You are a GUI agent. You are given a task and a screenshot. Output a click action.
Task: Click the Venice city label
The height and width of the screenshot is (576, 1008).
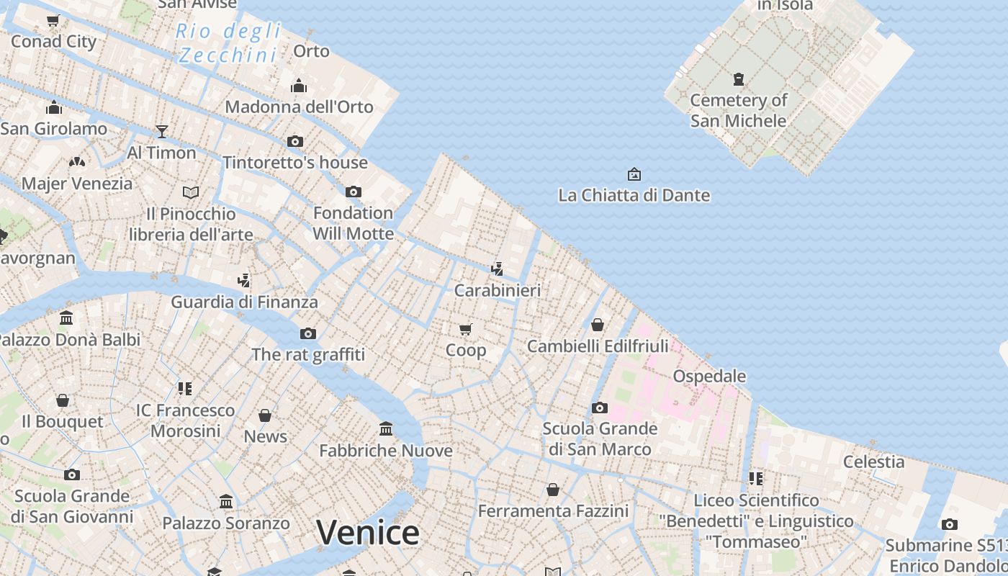pyautogui.click(x=367, y=533)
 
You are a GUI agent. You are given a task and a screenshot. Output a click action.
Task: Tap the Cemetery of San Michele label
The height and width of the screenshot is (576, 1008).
pyautogui.click(x=738, y=110)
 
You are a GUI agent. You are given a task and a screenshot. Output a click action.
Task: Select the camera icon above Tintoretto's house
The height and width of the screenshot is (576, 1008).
pyautogui.click(x=294, y=141)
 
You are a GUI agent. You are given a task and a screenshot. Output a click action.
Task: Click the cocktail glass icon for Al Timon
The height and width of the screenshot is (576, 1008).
pyautogui.click(x=162, y=131)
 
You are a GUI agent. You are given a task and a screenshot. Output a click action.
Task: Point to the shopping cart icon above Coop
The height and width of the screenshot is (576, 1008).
pyautogui.click(x=466, y=329)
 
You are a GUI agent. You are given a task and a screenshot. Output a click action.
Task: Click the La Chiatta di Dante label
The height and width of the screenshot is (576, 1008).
pyautogui.click(x=634, y=195)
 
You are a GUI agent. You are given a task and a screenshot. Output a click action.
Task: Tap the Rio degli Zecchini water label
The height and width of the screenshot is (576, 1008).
pyautogui.click(x=228, y=43)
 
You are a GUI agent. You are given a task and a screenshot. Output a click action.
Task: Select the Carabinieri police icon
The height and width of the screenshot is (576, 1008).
pyautogui.click(x=496, y=269)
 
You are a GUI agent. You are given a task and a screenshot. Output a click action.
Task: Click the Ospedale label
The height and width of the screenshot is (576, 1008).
pyautogui.click(x=709, y=376)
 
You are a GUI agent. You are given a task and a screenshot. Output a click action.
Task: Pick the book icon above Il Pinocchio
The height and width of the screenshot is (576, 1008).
pyautogui.click(x=190, y=192)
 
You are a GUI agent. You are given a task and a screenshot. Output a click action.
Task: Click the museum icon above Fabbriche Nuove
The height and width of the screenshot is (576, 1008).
pyautogui.click(x=386, y=429)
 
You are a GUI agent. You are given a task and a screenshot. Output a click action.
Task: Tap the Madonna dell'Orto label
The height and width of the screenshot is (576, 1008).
pyautogui.click(x=299, y=107)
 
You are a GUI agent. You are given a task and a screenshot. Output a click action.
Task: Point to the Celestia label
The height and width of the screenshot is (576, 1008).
pyautogui.click(x=873, y=462)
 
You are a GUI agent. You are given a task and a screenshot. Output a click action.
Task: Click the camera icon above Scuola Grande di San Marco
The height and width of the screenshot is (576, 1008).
pyautogui.click(x=599, y=408)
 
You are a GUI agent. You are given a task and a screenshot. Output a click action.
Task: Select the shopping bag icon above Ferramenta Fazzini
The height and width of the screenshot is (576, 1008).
pyautogui.click(x=552, y=490)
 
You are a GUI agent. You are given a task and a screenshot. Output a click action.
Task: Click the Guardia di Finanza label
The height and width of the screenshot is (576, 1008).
pyautogui.click(x=244, y=302)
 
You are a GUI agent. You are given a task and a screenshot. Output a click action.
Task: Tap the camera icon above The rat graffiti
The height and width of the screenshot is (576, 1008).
pyautogui.click(x=307, y=333)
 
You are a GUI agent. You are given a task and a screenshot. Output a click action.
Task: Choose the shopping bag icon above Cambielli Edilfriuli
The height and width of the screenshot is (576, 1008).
pyautogui.click(x=597, y=325)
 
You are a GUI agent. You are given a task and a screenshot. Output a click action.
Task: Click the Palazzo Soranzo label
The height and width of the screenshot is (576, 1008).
pyautogui.click(x=225, y=523)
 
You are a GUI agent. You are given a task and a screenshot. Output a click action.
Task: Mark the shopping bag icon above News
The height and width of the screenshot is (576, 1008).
pyautogui.click(x=265, y=415)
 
